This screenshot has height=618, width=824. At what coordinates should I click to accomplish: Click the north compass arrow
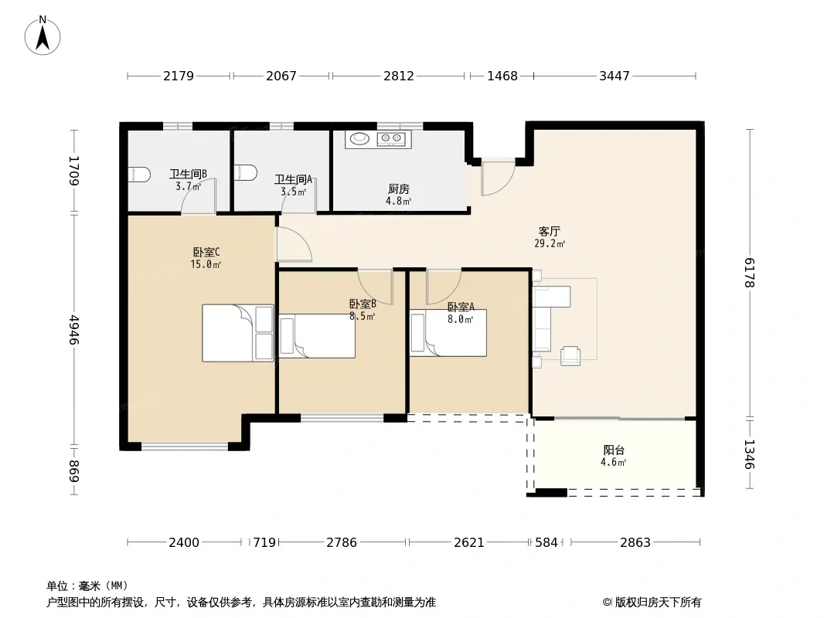pos(43,39)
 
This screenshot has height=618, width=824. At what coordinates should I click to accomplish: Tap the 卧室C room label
pos(206,253)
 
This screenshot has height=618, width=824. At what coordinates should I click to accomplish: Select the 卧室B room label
pos(363,304)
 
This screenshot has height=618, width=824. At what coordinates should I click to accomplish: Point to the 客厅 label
pos(549,231)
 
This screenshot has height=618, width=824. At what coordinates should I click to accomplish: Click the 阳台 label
pos(614,450)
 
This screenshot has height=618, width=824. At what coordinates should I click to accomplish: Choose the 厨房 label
pos(399,188)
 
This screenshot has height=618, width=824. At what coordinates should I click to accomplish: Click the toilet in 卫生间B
pos(140,175)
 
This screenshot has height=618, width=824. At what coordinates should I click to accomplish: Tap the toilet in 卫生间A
pos(245,173)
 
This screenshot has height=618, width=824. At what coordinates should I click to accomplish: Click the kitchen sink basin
pos(360,138)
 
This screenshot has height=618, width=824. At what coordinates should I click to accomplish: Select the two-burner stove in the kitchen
pos(391,138)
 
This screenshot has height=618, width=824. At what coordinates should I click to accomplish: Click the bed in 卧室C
pos(238,333)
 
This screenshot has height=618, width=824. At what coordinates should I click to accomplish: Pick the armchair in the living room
pos(570,356)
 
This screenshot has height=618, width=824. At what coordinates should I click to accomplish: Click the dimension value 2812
pos(399,76)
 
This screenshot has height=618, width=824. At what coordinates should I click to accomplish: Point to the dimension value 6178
pos(750,273)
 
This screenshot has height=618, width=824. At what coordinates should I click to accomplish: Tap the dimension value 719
pos(264,542)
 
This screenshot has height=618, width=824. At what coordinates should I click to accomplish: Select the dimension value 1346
pos(750,455)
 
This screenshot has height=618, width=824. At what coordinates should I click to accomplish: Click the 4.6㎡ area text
pos(613,463)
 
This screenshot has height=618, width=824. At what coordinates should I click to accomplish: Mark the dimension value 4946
pos(75,330)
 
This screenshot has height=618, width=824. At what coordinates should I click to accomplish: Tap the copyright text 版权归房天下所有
pos(658,603)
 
